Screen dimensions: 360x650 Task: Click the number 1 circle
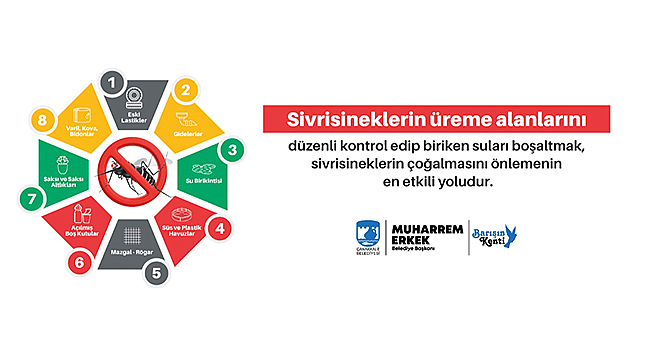click(115, 80)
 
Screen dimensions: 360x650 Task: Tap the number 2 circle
click(185, 88)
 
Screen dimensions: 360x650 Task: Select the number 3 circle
click(233, 151)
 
